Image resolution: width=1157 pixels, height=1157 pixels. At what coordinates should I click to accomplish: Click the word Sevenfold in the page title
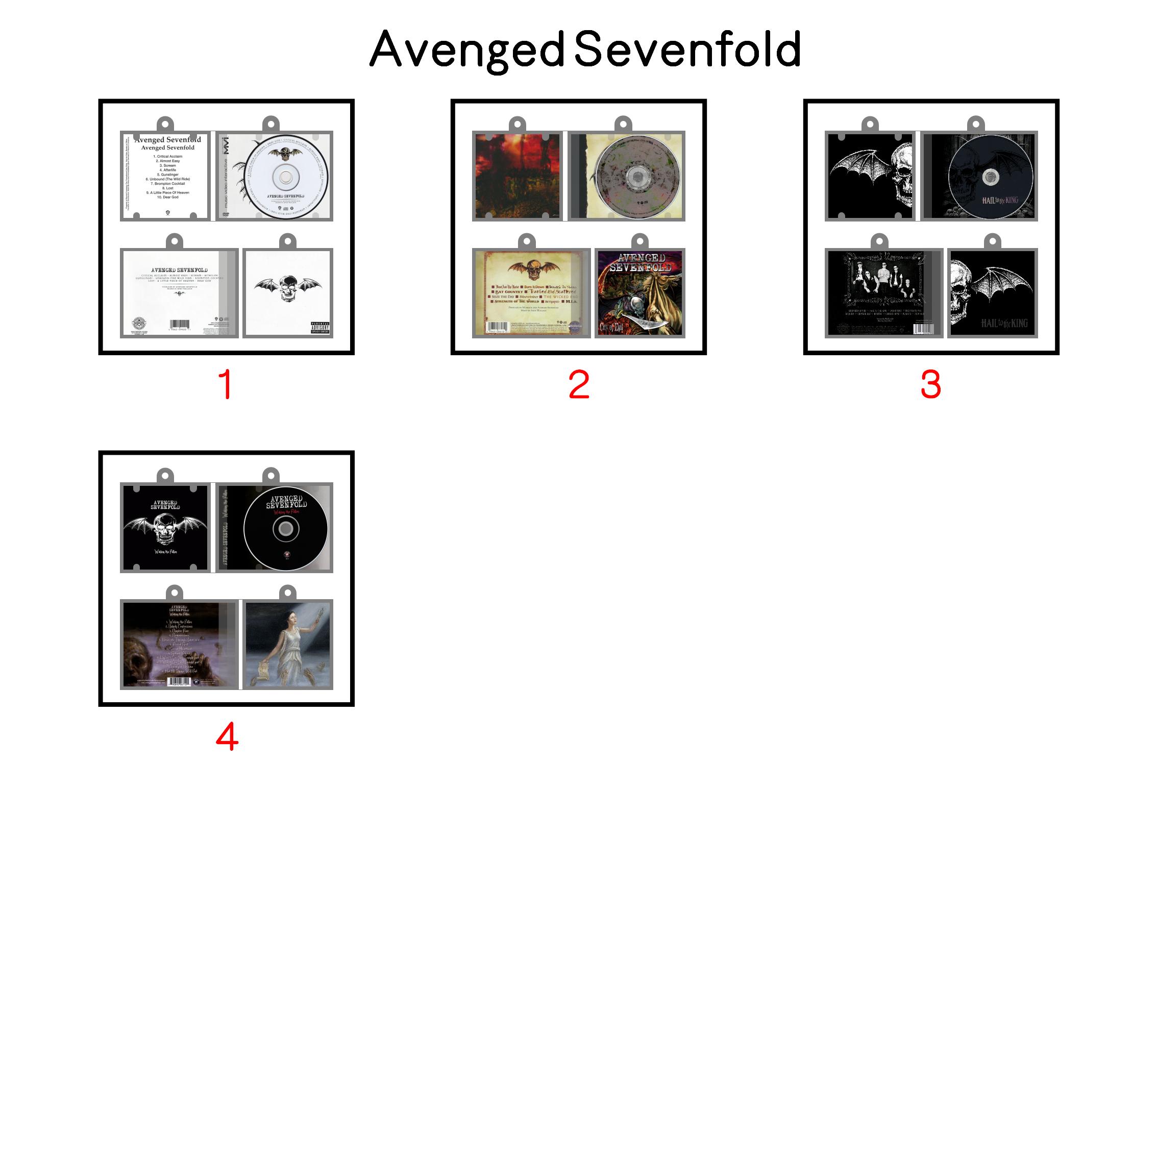(x=687, y=49)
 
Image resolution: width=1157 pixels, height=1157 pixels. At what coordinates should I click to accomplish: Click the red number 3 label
(x=930, y=384)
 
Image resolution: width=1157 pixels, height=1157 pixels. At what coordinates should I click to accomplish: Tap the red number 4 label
(x=227, y=736)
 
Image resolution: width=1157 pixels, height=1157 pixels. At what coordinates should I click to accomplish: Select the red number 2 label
(x=579, y=384)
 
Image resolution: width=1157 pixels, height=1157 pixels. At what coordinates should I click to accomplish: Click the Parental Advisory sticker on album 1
(x=320, y=328)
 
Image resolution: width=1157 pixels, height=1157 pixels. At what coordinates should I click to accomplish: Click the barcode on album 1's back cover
(x=180, y=324)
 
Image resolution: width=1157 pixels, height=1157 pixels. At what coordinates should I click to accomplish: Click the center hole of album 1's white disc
(x=286, y=177)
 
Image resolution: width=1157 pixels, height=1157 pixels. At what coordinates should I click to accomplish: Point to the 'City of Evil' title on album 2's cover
(x=611, y=327)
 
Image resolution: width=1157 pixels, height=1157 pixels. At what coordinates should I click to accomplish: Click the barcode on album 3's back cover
(x=922, y=329)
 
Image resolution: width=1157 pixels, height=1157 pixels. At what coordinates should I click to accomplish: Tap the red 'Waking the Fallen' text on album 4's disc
(x=286, y=512)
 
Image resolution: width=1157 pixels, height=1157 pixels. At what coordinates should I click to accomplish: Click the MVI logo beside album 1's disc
(x=225, y=145)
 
